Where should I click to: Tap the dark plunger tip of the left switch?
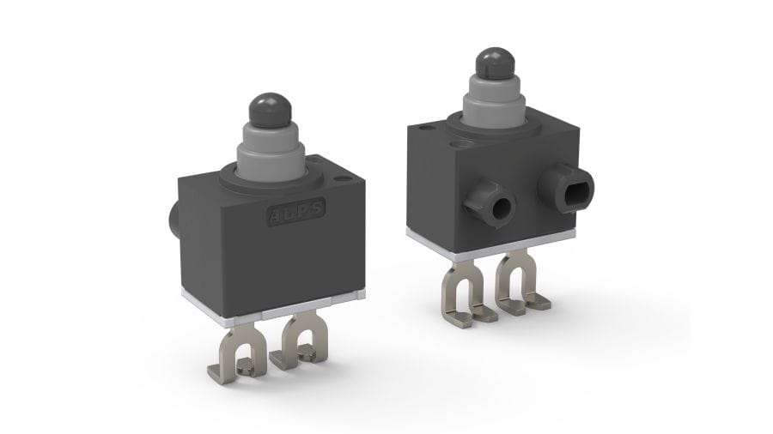(267, 110)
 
